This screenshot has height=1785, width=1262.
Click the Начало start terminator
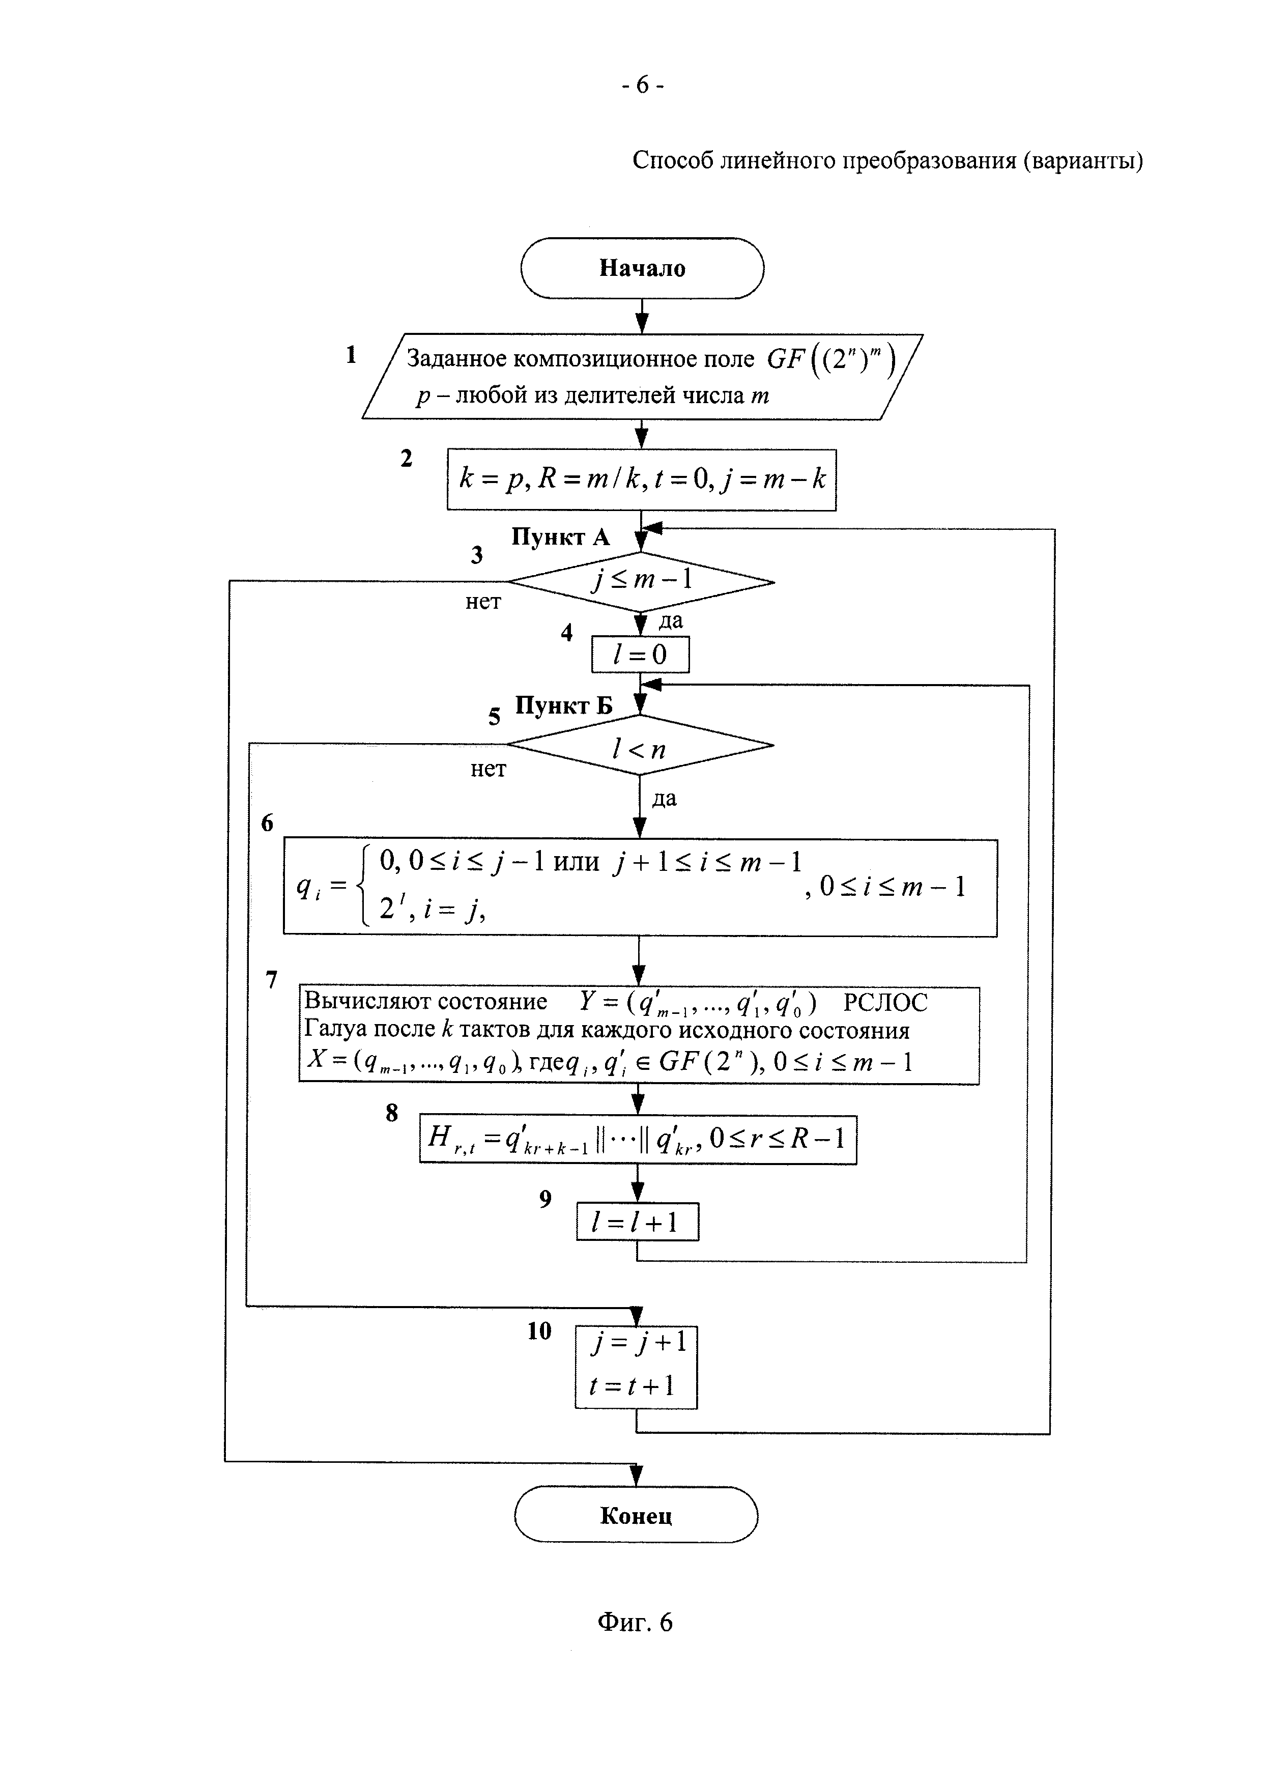pos(642,268)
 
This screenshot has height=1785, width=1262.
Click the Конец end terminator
pos(636,1514)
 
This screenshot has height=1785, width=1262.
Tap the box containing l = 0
pos(640,654)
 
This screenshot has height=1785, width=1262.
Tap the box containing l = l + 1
pos(637,1222)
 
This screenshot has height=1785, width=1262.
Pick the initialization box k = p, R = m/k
pos(641,479)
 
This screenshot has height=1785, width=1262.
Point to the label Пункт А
pos(560,537)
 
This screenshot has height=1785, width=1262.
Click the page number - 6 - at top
pos(642,84)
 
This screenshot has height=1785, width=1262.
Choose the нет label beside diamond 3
pos(483,602)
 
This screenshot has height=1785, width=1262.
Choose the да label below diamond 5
pos(665,799)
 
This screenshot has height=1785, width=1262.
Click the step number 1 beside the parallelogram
pos(351,355)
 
